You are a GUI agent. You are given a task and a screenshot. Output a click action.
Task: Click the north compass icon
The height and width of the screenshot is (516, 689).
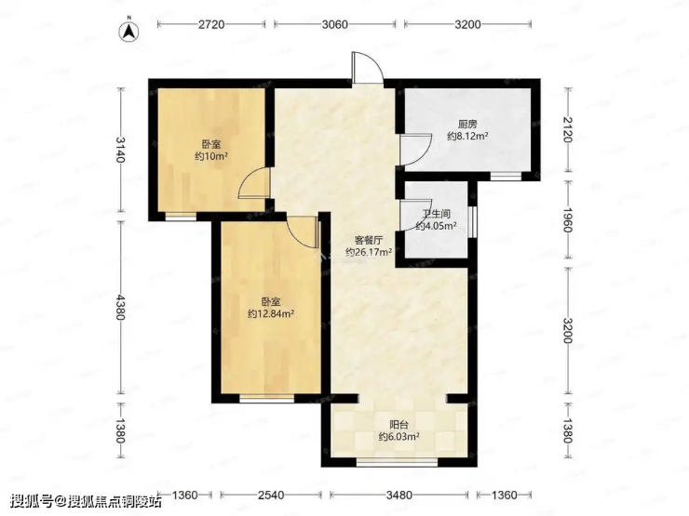(x=129, y=32)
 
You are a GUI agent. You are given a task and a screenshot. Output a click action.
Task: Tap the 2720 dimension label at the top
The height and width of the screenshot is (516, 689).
(x=211, y=24)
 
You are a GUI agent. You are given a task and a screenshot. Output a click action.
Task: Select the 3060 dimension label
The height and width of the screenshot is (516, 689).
(x=335, y=24)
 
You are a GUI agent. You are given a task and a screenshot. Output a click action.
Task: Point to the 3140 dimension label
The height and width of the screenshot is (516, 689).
(x=120, y=150)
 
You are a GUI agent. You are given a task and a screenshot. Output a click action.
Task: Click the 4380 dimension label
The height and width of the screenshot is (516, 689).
(x=120, y=307)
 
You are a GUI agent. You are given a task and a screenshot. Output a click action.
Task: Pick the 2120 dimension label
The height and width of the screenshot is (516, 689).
(x=567, y=130)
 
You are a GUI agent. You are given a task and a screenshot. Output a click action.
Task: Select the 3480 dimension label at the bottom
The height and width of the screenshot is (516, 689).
(x=399, y=496)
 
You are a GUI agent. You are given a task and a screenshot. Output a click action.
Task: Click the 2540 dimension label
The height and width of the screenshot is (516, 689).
(x=271, y=496)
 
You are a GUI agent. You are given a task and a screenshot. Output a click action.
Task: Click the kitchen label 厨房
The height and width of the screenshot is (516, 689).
(x=467, y=125)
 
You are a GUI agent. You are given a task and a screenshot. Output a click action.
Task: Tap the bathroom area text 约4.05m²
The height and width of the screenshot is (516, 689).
(x=436, y=227)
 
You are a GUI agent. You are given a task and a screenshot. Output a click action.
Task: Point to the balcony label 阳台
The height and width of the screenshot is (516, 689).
(x=399, y=425)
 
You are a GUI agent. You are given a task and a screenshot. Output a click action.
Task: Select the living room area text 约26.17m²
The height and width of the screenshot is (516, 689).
(x=369, y=252)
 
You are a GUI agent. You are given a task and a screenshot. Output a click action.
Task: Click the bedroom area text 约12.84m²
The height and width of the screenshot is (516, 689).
(x=271, y=313)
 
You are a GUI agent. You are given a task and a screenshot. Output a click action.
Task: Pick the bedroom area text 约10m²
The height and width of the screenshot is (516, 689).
(x=211, y=156)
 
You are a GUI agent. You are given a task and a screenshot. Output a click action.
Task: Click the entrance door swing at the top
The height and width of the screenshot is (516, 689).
(x=368, y=67)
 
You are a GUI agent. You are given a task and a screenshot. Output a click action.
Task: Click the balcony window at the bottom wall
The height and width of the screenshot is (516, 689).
(x=398, y=461)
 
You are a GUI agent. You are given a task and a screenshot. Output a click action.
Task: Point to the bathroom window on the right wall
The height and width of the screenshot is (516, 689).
(x=472, y=221)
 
